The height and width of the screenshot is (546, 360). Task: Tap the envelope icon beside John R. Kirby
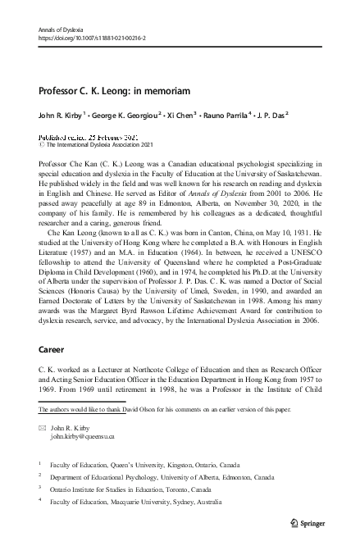43,428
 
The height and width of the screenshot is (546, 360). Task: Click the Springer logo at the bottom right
311,521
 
